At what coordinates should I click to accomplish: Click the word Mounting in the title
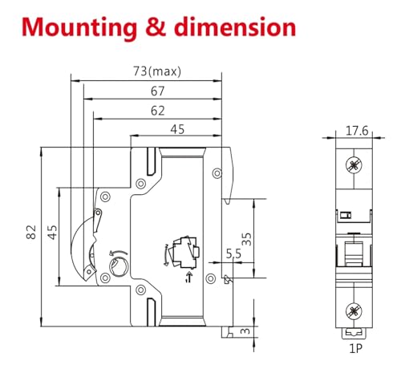coord(79,28)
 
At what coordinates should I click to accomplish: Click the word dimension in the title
coord(235,26)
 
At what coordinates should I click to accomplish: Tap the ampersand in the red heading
coord(156,26)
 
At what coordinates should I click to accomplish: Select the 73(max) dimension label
coord(157,71)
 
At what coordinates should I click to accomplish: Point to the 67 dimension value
coord(157,91)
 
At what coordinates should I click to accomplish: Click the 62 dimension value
coord(157,111)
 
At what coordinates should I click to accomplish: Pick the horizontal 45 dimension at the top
coord(177,129)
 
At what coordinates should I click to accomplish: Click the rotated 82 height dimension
coord(31,232)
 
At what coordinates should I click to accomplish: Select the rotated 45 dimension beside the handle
coord(52,232)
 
